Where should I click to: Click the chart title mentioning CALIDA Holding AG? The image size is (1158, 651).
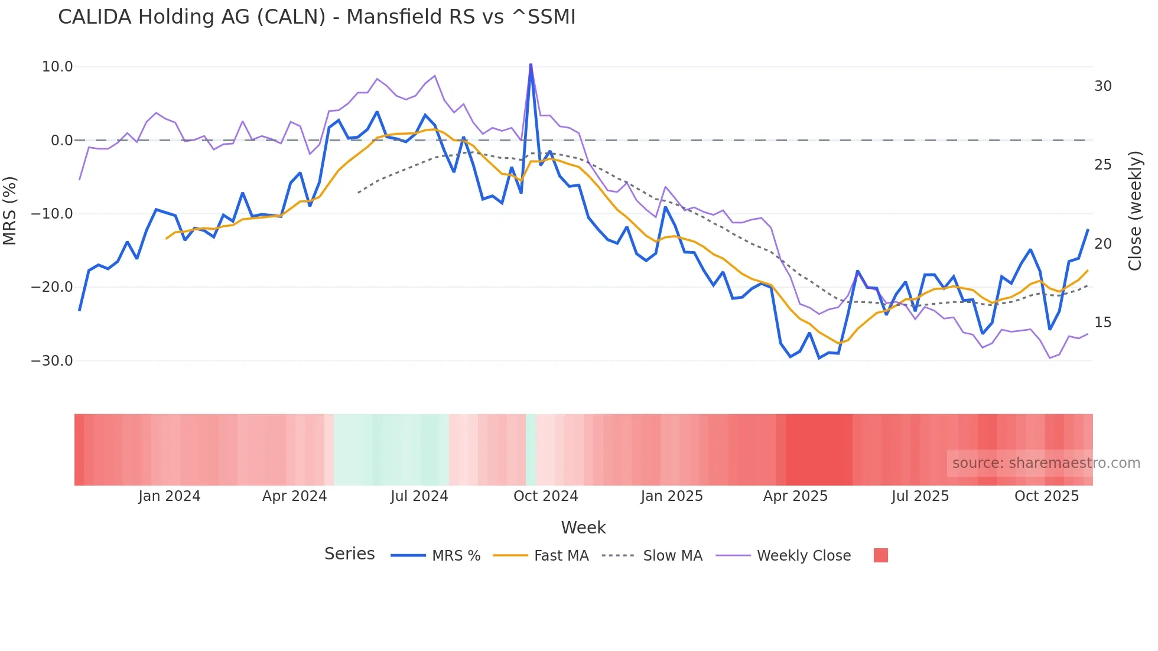[317, 17]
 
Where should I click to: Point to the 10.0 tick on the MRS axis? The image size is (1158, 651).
[57, 67]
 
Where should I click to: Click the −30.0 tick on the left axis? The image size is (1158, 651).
[52, 360]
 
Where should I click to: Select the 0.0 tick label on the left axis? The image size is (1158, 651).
[62, 141]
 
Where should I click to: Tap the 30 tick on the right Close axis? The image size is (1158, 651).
[1102, 86]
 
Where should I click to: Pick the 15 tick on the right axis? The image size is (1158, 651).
[1102, 323]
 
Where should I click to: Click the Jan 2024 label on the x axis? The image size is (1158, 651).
[170, 496]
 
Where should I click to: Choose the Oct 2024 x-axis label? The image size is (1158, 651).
[545, 496]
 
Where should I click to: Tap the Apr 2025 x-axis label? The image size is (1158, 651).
[795, 496]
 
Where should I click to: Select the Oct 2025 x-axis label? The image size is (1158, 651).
[1046, 496]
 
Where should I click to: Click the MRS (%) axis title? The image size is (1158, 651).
[10, 211]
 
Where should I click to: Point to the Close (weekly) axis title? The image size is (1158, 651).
[1135, 211]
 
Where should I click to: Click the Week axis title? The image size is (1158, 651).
[583, 528]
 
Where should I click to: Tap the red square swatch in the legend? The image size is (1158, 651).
[880, 555]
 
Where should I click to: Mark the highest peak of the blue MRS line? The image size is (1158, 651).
[531, 64]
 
